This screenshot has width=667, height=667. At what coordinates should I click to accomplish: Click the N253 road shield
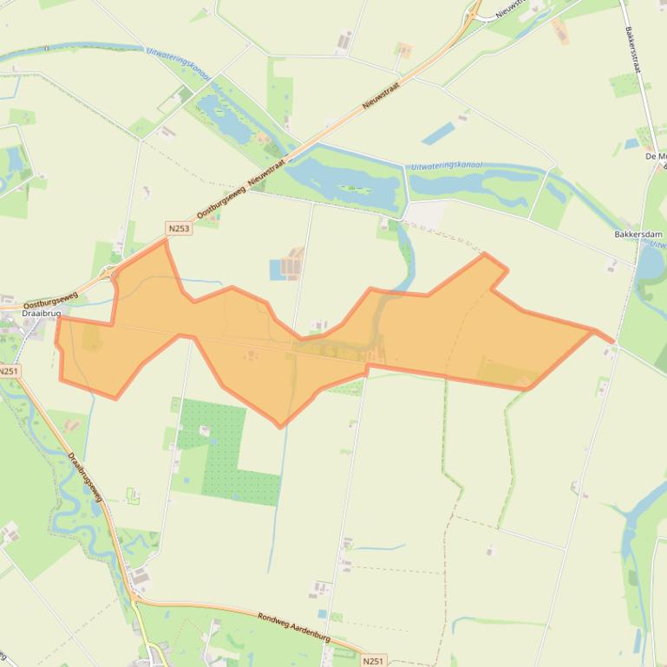click(178, 228)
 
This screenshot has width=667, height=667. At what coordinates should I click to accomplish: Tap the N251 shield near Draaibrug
click(8, 371)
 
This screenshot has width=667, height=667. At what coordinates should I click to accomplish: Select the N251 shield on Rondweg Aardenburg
click(372, 660)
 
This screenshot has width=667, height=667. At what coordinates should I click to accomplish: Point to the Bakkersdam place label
click(638, 235)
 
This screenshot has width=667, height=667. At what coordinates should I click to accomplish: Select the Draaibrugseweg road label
click(84, 477)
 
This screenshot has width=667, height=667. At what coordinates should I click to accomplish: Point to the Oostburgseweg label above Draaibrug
click(50, 300)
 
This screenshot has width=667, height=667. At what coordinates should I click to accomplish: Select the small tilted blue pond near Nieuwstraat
click(438, 133)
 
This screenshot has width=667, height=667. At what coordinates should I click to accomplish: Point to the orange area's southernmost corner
click(280, 426)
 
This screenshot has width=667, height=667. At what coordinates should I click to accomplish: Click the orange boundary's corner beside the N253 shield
click(165, 241)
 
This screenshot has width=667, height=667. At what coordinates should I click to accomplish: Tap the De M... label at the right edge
click(656, 157)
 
